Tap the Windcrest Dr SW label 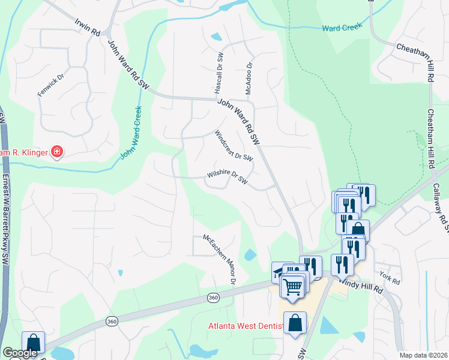(x=234, y=145)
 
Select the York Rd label (x=389, y=278)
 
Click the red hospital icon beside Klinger (x=57, y=153)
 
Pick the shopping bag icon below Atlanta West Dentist (x=295, y=323)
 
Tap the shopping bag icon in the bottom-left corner (x=34, y=343)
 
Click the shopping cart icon (x=293, y=286)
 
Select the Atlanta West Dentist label (x=245, y=326)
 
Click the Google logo (x=20, y=353)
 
